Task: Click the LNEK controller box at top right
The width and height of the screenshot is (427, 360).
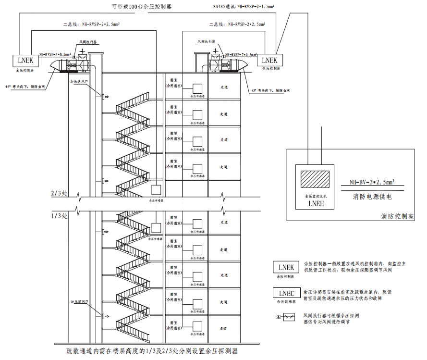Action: [270, 60]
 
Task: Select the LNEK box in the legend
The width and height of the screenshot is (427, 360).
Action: [286, 268]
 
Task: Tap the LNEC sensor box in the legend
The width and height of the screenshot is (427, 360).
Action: [286, 293]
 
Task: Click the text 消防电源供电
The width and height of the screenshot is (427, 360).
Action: [372, 197]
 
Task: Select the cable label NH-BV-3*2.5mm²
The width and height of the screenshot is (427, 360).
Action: [372, 183]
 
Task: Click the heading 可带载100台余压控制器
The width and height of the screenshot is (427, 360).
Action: [141, 7]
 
